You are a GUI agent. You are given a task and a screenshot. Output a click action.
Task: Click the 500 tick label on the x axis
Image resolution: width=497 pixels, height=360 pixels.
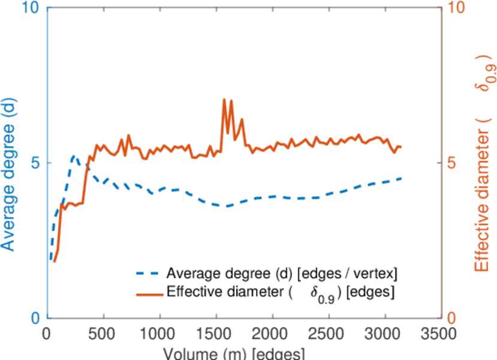coord(104,334)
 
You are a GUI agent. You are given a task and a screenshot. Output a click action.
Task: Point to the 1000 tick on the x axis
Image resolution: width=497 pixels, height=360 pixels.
coord(159,334)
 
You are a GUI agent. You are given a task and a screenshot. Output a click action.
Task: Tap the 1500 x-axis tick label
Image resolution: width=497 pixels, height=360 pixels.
coord(216,334)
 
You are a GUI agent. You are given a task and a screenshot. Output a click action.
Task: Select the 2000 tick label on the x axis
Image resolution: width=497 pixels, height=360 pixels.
coord(272,334)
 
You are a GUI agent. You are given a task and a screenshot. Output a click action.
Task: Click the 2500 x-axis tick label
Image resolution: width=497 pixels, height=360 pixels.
coord(329,334)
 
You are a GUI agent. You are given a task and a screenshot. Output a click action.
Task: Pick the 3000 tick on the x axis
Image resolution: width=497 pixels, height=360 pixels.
coord(384,334)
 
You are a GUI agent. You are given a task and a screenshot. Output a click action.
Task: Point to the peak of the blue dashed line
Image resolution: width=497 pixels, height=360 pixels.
coord(74,156)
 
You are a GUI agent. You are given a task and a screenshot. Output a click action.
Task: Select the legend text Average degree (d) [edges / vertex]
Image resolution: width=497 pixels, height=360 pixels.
coord(282,274)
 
